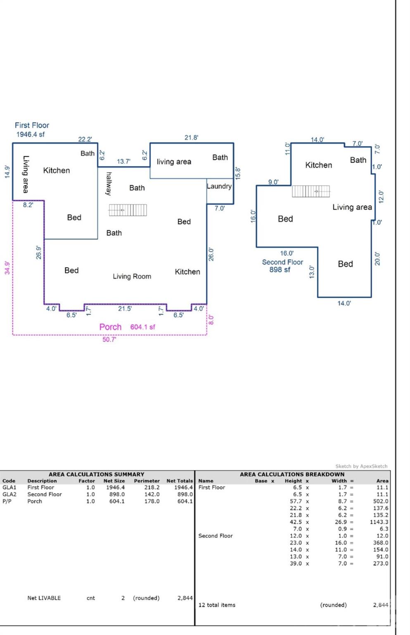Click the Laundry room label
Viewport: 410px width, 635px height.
[219, 186]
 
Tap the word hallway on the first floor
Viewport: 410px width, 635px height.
[109, 184]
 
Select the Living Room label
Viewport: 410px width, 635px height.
[132, 276]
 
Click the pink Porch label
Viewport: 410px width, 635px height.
[110, 327]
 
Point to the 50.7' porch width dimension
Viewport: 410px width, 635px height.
[109, 339]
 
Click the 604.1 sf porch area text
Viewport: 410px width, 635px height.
[143, 327]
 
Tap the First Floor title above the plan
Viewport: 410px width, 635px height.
[32, 125]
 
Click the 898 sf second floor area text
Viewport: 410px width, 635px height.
[280, 270]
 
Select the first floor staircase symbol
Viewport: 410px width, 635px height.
[128, 210]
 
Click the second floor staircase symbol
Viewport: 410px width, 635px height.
[311, 191]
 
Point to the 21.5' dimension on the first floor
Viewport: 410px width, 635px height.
[125, 308]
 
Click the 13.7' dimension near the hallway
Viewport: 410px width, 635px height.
[123, 161]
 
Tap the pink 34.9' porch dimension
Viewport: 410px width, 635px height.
[7, 267]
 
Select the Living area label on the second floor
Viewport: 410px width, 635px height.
[352, 207]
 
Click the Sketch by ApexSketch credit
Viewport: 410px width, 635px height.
[361, 466]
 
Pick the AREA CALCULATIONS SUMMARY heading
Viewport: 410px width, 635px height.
[97, 474]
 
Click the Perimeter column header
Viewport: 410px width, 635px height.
[147, 481]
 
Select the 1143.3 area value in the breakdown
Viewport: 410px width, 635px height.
[379, 522]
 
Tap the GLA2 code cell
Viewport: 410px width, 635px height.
[9, 494]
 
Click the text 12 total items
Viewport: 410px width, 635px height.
[217, 605]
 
